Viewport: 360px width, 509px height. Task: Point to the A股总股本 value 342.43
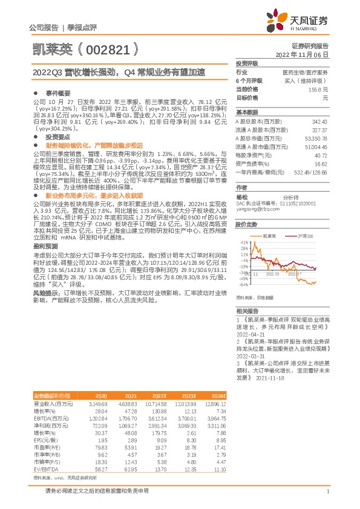click(319, 122)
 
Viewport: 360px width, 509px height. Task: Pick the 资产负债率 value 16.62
click(321, 163)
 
